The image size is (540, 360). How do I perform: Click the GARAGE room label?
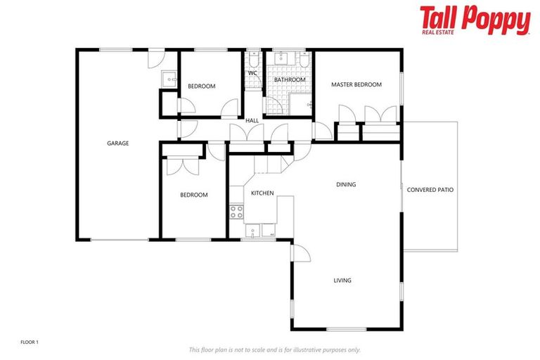point(117,143)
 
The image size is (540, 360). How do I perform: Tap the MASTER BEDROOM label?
point(356,85)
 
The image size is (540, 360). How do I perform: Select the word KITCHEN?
point(262,193)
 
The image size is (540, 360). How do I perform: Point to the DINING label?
point(346,185)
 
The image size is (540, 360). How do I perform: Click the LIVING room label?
point(342,281)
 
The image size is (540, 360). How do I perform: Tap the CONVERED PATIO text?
point(430,190)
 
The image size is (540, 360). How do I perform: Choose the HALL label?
point(252,121)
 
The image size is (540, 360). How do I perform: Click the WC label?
point(252,72)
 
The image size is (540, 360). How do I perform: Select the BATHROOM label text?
point(290,80)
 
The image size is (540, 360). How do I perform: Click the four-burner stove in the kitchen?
point(236,210)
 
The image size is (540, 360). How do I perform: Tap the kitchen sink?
point(252,230)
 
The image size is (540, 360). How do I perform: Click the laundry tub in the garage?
point(169,79)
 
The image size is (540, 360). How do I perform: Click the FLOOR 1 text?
point(30,342)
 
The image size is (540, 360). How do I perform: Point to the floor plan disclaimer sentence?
point(274,349)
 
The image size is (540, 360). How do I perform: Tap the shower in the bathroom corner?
point(305,105)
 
